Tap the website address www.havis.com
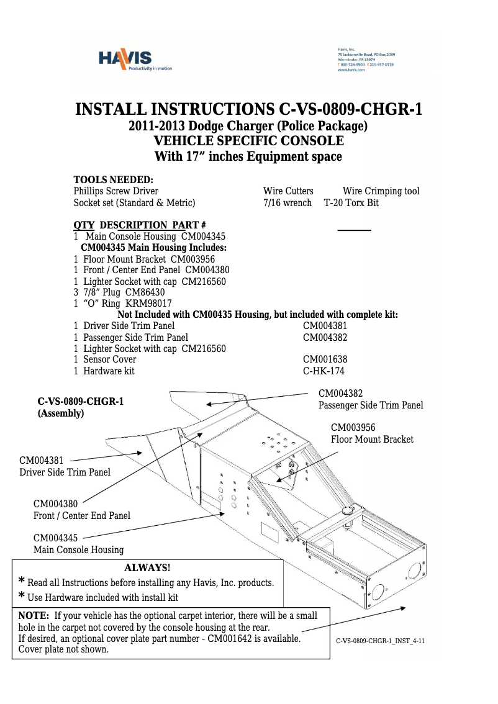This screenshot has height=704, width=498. (351, 70)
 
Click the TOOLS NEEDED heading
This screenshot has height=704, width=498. (113, 179)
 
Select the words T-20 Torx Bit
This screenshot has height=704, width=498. (351, 203)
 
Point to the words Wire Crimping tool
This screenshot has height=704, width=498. (381, 191)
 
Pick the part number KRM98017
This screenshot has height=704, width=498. (149, 304)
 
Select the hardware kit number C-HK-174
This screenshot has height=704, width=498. (324, 371)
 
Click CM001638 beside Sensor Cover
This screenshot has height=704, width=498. (325, 359)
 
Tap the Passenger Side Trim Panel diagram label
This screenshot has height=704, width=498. (371, 405)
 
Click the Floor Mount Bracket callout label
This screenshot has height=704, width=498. (371, 440)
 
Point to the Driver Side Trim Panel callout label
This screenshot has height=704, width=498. (65, 472)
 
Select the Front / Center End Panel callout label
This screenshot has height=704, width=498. (81, 515)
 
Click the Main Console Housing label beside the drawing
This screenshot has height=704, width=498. (78, 549)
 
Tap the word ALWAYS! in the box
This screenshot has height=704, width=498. (147, 568)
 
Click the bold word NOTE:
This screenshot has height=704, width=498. (34, 616)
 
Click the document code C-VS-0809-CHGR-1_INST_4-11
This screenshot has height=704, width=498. (380, 641)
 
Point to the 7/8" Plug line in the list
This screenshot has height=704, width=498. (119, 292)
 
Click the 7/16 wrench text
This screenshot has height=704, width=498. (287, 203)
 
